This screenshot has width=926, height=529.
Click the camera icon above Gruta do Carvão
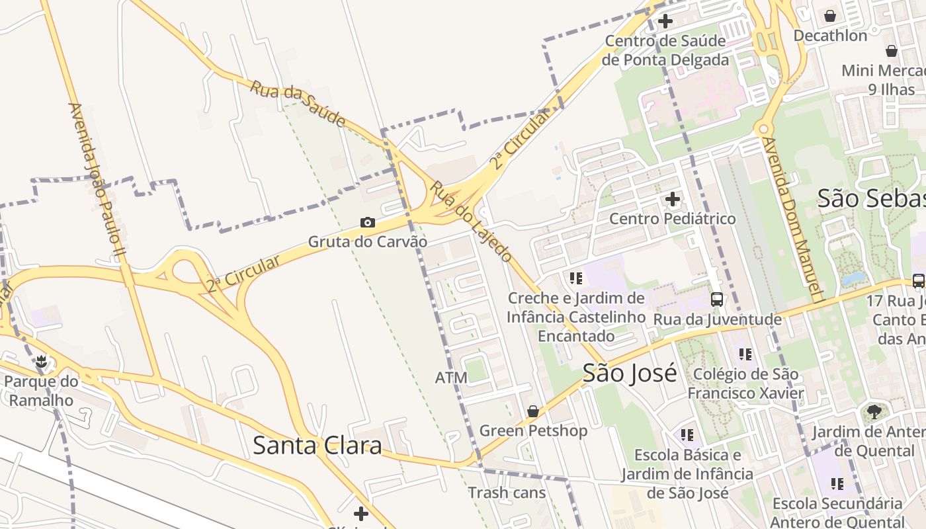coord(367,222)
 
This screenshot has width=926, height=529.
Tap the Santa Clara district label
coord(317,446)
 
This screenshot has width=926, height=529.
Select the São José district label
coord(630,373)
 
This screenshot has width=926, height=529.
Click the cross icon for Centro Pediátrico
coord(673,198)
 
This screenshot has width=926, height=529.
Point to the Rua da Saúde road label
coord(298,103)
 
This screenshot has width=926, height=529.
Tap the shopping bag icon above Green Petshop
coord(533,411)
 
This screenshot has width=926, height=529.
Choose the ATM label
coord(451,378)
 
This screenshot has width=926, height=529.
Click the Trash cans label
coord(507,493)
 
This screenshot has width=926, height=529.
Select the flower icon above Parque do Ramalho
coord(42,361)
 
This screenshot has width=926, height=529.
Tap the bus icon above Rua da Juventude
coord(717,300)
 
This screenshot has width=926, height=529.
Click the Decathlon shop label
coord(830,35)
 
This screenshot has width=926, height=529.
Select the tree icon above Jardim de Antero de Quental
coord(874,412)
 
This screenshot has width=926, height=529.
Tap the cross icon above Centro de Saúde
coord(665,20)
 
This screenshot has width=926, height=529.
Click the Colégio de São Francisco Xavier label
coord(745,384)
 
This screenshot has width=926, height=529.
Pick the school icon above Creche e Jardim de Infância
coord(576,278)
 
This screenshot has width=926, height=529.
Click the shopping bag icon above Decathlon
coord(830,15)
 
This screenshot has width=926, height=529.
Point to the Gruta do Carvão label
coord(368,241)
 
